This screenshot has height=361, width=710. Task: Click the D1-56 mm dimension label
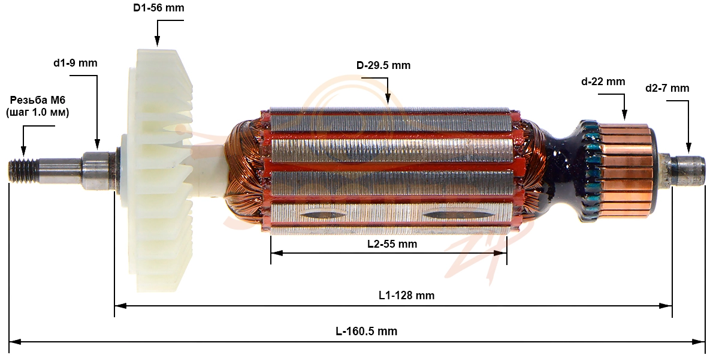159,8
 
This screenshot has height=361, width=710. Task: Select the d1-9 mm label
75,62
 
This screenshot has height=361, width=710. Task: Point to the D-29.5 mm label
383,65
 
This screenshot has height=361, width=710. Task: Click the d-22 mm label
603,82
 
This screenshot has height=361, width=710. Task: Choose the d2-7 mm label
667,88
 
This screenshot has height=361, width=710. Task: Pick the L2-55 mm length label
392,244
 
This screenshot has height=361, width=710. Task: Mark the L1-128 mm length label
407,296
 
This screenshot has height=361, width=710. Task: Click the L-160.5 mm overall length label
366,331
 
